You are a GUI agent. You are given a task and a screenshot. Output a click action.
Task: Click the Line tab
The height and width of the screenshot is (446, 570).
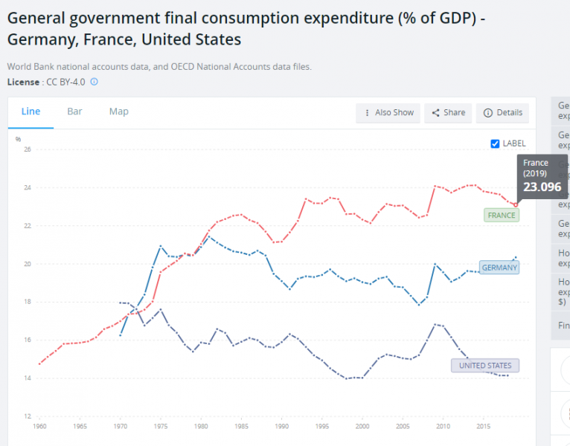[x=31, y=111]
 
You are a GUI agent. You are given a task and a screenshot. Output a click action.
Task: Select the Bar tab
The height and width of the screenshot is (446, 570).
[x=74, y=111]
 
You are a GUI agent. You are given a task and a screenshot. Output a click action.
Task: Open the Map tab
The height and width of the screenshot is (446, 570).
[x=118, y=111]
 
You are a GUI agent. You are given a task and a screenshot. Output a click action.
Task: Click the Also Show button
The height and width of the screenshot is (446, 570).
[x=388, y=113]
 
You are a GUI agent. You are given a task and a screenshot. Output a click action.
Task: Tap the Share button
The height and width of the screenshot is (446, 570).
[x=448, y=113]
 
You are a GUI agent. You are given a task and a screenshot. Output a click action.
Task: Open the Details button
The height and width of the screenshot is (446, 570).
[x=503, y=113]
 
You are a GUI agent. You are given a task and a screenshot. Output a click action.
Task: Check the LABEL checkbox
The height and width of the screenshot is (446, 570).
[x=496, y=143]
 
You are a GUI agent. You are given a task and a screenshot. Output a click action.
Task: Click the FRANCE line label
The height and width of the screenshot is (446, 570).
[x=501, y=215]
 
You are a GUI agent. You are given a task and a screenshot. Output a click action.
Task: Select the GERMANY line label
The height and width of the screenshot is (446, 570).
[x=499, y=268]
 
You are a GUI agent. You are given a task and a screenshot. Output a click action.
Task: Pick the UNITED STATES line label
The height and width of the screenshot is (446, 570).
[x=485, y=366]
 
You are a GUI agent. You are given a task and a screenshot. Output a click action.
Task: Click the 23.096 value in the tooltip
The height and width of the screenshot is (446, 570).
[x=541, y=187]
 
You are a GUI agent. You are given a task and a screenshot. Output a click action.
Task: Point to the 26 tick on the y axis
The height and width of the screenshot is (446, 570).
[x=28, y=149]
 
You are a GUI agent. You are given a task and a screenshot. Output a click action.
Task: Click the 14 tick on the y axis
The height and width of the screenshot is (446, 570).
[x=28, y=378]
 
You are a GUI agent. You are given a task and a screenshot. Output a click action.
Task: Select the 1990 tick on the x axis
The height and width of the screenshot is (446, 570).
[x=281, y=427]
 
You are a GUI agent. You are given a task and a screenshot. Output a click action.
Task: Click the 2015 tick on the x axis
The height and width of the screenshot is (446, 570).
[x=483, y=427]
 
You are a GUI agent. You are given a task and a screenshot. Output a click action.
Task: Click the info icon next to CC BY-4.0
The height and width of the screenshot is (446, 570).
[x=94, y=82]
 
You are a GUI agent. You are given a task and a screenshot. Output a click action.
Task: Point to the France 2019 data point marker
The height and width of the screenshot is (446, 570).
[x=516, y=204]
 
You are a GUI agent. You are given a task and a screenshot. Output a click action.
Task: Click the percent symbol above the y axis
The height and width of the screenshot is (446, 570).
[x=18, y=139]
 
